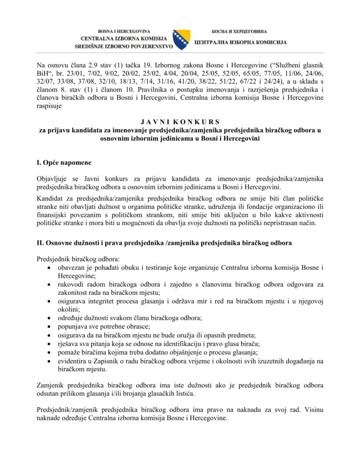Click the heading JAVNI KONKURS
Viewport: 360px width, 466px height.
[180, 122]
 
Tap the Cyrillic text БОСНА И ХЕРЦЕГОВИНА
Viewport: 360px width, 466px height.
[239, 32]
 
